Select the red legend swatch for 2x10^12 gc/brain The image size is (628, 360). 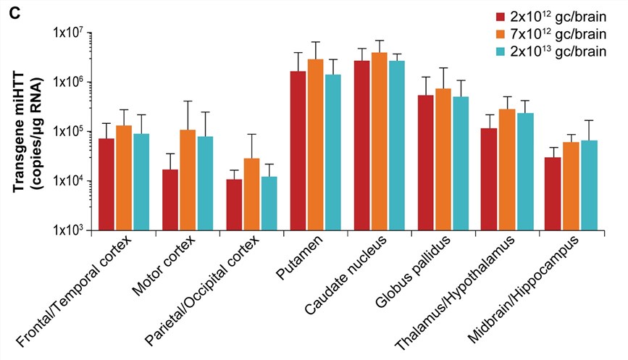[501, 16]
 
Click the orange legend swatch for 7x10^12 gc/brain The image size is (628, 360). [501, 34]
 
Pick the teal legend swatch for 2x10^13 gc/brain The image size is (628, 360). [501, 52]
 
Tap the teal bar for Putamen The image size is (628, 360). [332, 152]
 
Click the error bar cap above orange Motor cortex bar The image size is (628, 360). [188, 101]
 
